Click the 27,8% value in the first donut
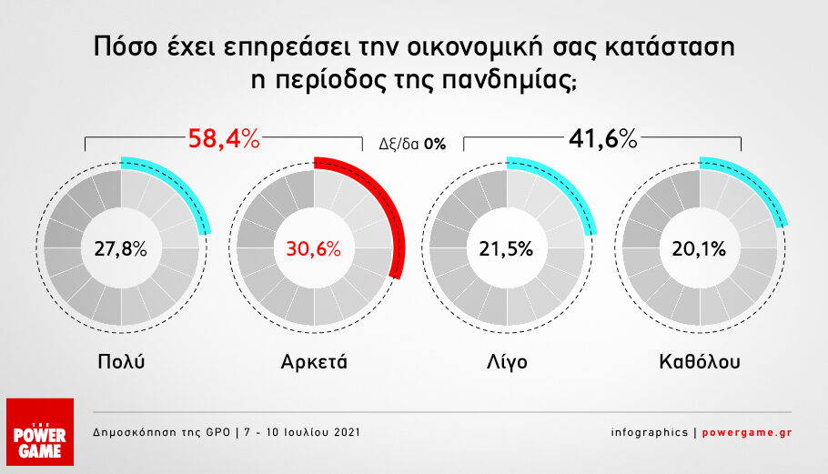(120, 248)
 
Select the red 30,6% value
(314, 248)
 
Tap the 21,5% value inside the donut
(507, 248)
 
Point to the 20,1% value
(699, 248)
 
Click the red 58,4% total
(224, 139)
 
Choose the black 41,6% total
(603, 139)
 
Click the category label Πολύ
(121, 361)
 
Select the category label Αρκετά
(314, 362)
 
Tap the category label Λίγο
(507, 362)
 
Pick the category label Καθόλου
(700, 361)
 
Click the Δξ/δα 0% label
(412, 144)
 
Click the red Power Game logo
(40, 432)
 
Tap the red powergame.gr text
(747, 432)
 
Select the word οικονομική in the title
(475, 47)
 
